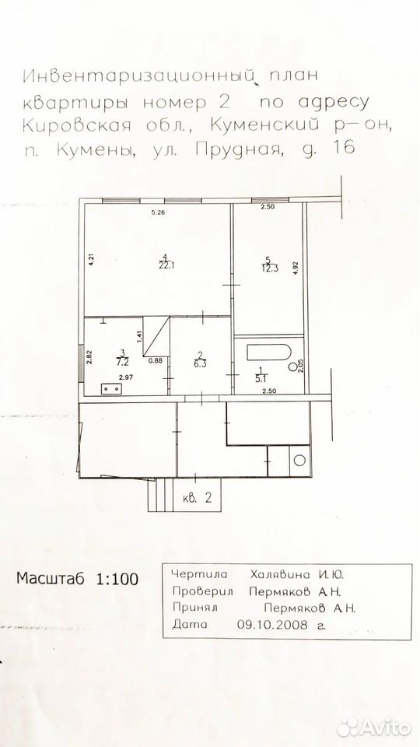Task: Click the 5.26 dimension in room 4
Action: pyautogui.click(x=157, y=213)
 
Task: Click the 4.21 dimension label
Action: pyautogui.click(x=90, y=260)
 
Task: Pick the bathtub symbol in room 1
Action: pyautogui.click(x=268, y=352)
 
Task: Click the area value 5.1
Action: pyautogui.click(x=261, y=375)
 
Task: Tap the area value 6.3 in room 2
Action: pyautogui.click(x=201, y=361)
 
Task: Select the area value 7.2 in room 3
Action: pyautogui.click(x=123, y=359)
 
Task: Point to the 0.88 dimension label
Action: pyautogui.click(x=156, y=360)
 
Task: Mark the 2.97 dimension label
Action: pyautogui.click(x=126, y=378)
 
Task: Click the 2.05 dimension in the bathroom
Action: pyautogui.click(x=300, y=366)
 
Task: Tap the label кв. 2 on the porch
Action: pyautogui.click(x=197, y=498)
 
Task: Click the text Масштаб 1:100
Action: pyautogui.click(x=77, y=578)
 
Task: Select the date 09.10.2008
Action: pyautogui.click(x=272, y=624)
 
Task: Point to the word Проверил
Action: pyautogui.click(x=202, y=591)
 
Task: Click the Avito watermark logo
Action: pyautogui.click(x=374, y=728)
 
